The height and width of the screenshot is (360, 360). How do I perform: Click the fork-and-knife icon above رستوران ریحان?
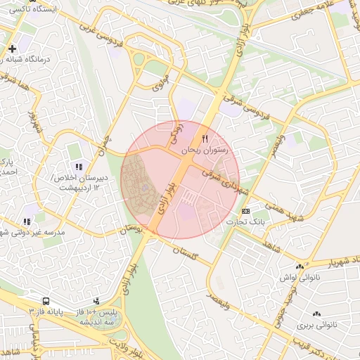point(205,139)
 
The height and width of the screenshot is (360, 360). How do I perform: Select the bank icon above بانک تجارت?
point(245,211)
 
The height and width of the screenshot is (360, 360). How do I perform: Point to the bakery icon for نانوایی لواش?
point(300,267)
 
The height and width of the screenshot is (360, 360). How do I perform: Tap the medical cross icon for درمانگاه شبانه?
point(12,49)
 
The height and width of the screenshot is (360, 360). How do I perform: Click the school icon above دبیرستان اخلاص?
point(79,167)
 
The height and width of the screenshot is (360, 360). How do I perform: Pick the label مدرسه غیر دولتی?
point(32,232)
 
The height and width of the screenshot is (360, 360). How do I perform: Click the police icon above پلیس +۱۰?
point(96,302)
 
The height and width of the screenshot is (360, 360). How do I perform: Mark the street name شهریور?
point(33,122)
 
